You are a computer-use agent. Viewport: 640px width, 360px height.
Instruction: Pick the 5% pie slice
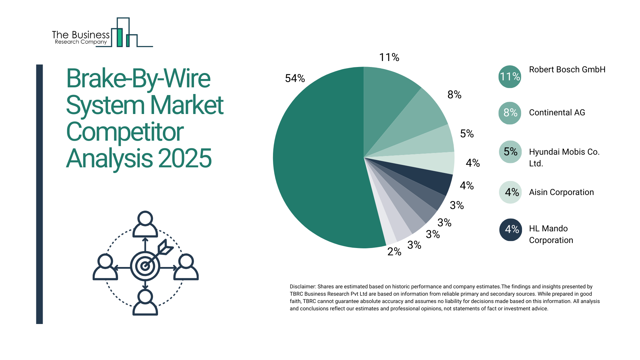(x=433, y=143)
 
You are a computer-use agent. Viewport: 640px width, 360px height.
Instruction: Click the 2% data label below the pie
(x=394, y=252)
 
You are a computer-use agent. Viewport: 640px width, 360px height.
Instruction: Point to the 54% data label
(x=295, y=78)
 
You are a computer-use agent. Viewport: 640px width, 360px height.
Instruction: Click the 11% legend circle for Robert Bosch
(x=510, y=77)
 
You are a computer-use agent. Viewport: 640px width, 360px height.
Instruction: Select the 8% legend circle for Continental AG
(x=510, y=113)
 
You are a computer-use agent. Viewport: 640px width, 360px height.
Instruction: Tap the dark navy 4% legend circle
(x=510, y=230)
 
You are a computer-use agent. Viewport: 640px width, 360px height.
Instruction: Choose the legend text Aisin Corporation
(x=561, y=192)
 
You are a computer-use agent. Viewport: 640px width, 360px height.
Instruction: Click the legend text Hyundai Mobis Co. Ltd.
(x=564, y=158)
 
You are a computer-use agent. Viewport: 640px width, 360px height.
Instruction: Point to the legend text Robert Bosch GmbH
(x=567, y=70)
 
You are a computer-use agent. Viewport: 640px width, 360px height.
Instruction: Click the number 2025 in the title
(x=185, y=158)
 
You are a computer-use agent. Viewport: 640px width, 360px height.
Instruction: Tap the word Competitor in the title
(x=125, y=132)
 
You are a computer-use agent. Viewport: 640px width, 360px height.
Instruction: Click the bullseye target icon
(x=145, y=266)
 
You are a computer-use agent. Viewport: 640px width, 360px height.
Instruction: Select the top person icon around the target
(x=145, y=224)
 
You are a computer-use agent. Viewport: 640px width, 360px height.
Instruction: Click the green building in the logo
(x=119, y=37)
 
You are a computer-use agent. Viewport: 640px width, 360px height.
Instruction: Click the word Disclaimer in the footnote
(x=302, y=287)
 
